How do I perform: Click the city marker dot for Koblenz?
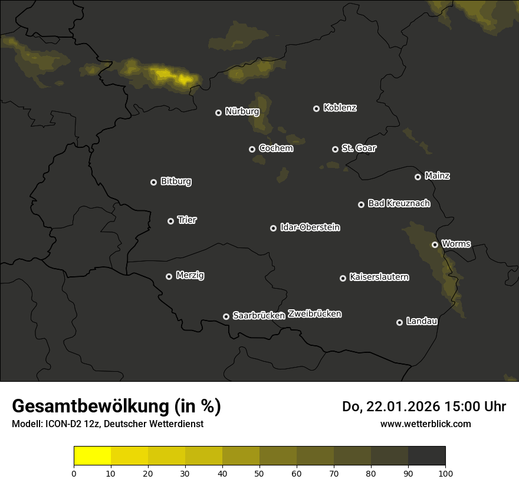(x=316, y=108)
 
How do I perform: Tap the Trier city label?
(x=187, y=220)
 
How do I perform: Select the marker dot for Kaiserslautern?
(x=343, y=278)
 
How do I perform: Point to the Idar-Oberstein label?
(x=310, y=227)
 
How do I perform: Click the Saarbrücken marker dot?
(x=226, y=316)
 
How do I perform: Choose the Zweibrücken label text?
(x=314, y=314)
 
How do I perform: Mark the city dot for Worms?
(x=435, y=244)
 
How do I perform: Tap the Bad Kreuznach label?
(x=399, y=203)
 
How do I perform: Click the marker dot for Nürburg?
(x=218, y=113)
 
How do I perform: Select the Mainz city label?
(x=437, y=176)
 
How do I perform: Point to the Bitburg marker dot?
(x=153, y=182)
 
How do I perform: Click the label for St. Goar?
(x=359, y=148)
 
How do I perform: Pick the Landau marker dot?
(x=399, y=322)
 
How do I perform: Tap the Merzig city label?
(x=190, y=275)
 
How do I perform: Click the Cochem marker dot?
(x=252, y=149)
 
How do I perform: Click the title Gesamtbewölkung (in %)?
(x=116, y=407)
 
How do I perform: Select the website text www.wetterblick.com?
(x=426, y=424)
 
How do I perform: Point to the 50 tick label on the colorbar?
(x=259, y=473)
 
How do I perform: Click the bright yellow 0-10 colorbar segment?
(x=93, y=456)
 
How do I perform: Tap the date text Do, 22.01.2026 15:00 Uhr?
(x=424, y=407)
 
